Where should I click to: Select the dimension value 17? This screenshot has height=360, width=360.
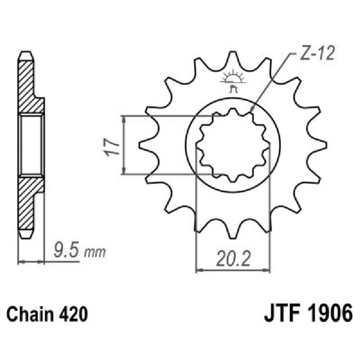(x=112, y=146)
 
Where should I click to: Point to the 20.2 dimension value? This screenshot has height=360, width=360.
(x=233, y=260)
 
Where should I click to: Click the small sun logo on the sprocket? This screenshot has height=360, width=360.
(x=233, y=79)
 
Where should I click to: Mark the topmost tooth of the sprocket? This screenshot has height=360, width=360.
(x=233, y=56)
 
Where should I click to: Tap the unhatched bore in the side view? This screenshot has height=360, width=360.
(x=31, y=144)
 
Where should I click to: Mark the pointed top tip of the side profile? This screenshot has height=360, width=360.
(x=26, y=53)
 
